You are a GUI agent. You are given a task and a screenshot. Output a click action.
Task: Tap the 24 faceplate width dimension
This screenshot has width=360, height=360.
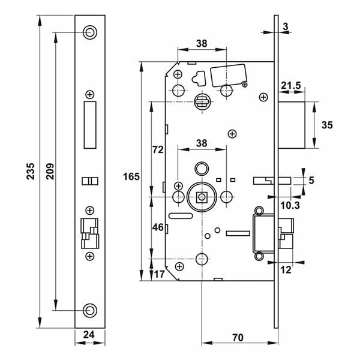[89, 335]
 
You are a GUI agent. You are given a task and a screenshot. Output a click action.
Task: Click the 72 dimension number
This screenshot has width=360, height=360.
[158, 150]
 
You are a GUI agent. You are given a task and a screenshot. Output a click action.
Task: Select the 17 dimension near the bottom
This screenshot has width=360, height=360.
[158, 274]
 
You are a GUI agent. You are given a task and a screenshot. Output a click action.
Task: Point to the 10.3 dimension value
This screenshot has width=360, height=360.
[290, 205]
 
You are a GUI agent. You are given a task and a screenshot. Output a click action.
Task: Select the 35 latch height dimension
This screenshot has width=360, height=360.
[326, 125]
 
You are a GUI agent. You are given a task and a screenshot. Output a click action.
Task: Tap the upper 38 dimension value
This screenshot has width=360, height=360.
[202, 43]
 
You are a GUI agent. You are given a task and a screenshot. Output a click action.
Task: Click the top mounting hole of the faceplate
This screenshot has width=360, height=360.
[89, 32]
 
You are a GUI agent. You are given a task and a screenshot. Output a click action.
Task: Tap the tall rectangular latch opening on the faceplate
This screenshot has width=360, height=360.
[89, 125]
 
